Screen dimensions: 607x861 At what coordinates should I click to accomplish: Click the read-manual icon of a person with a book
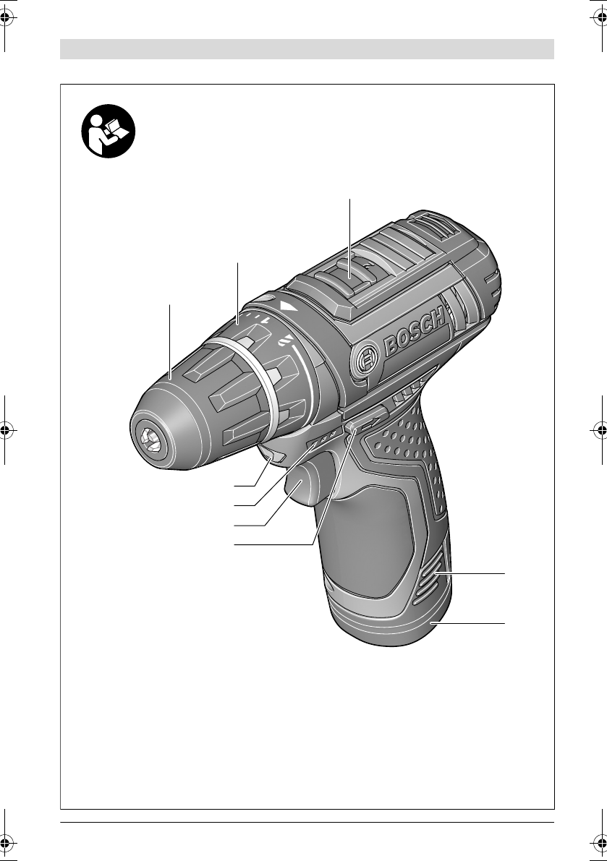(x=109, y=132)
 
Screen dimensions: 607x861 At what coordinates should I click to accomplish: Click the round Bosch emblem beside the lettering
(x=367, y=360)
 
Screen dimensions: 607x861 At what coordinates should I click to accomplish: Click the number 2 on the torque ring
(x=285, y=341)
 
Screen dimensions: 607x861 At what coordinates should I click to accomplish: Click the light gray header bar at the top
(x=307, y=49)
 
